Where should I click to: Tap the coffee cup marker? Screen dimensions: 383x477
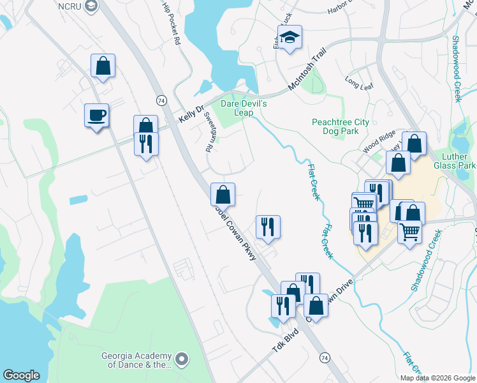[x=97, y=116]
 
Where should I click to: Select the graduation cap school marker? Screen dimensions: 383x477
[x=290, y=37]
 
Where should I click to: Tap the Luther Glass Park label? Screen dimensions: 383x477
[x=458, y=160]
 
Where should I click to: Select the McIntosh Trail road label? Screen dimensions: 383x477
[x=307, y=66]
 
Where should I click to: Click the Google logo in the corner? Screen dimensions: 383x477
[x=20, y=375]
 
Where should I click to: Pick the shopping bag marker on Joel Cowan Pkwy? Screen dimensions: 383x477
[x=223, y=194]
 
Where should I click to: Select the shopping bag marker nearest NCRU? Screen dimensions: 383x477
[x=103, y=65]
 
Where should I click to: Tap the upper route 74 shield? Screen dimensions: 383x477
[x=161, y=101]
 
